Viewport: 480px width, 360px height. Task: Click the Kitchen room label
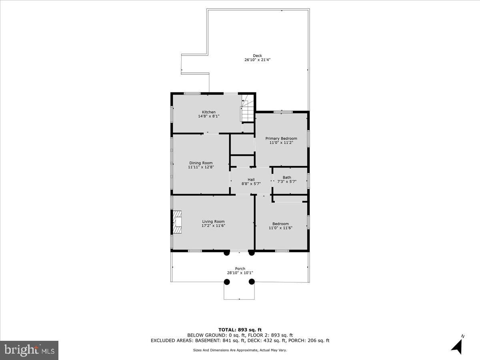click(x=208, y=112)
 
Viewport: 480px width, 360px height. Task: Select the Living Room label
click(x=213, y=222)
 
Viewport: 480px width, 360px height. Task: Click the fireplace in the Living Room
click(x=177, y=222)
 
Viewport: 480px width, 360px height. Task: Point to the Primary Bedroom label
click(x=281, y=138)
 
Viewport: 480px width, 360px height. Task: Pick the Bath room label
click(x=287, y=177)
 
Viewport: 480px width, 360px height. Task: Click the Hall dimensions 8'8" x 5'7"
click(x=251, y=184)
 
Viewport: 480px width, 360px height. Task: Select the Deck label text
click(x=257, y=56)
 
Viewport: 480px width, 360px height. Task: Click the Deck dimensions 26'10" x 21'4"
click(x=258, y=60)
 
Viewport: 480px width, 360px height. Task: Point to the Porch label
click(x=240, y=268)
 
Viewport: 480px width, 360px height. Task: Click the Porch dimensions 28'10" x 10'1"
click(x=240, y=273)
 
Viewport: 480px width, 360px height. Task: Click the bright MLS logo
click(x=29, y=350)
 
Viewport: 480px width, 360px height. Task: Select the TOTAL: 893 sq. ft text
click(x=240, y=330)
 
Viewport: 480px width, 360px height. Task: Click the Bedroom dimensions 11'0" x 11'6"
click(x=280, y=228)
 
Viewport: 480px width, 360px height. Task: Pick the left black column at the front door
click(x=227, y=253)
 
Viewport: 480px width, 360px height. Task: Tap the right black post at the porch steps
click(x=252, y=282)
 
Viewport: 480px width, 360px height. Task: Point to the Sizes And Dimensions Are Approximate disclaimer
click(x=240, y=350)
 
